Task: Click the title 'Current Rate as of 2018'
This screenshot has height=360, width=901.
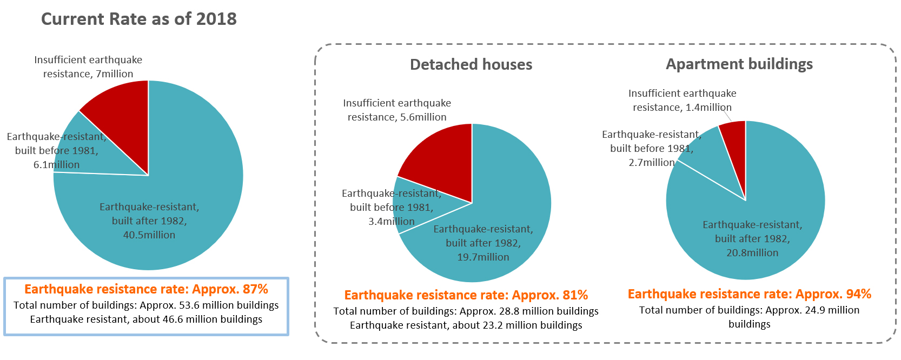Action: [139, 19]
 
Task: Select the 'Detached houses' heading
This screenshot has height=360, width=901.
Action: [471, 64]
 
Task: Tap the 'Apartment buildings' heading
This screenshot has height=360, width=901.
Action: [739, 64]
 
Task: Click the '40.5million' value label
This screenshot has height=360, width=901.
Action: [149, 235]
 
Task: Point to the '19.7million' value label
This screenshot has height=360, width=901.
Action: [483, 257]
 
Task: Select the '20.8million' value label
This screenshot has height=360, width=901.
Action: [752, 252]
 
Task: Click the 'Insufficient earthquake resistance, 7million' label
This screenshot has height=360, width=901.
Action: [88, 67]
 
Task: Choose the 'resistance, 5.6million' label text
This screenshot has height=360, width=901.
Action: [397, 117]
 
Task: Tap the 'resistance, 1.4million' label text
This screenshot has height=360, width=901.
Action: [682, 108]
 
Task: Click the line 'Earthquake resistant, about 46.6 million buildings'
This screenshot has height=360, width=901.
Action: [146, 319]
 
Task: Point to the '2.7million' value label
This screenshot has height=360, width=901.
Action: [652, 163]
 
